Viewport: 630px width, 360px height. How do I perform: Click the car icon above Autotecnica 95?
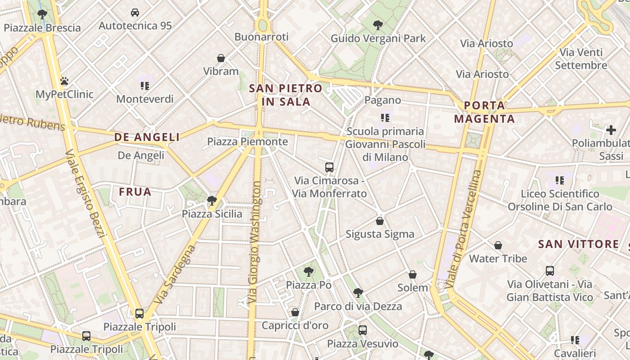pos(135,13)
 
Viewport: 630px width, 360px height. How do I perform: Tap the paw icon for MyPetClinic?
pos(64,81)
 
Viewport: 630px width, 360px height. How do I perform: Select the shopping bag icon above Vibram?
pos(221,58)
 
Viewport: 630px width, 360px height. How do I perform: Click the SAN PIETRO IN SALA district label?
pos(286,95)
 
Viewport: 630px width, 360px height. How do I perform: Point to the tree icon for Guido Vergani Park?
pos(378,25)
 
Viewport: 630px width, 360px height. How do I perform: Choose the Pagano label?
pos(382,100)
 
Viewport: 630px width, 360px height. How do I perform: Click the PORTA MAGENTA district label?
pos(484,112)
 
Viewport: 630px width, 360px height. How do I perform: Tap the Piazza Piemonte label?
pos(247,142)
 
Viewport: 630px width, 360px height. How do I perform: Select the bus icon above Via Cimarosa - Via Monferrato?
pos(329,167)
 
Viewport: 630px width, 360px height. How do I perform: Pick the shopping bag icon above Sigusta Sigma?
pos(380,221)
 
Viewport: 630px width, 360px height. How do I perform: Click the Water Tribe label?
pos(498,259)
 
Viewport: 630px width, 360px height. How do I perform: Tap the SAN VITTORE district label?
pos(579,244)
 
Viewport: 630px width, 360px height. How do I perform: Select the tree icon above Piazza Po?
pos(308,272)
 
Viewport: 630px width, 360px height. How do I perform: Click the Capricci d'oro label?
pos(295,325)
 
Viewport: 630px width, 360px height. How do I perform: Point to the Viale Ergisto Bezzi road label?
pos(85,193)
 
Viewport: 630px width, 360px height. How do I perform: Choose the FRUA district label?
pos(135,192)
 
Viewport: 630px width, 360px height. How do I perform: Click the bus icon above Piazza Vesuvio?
pos(363,330)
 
